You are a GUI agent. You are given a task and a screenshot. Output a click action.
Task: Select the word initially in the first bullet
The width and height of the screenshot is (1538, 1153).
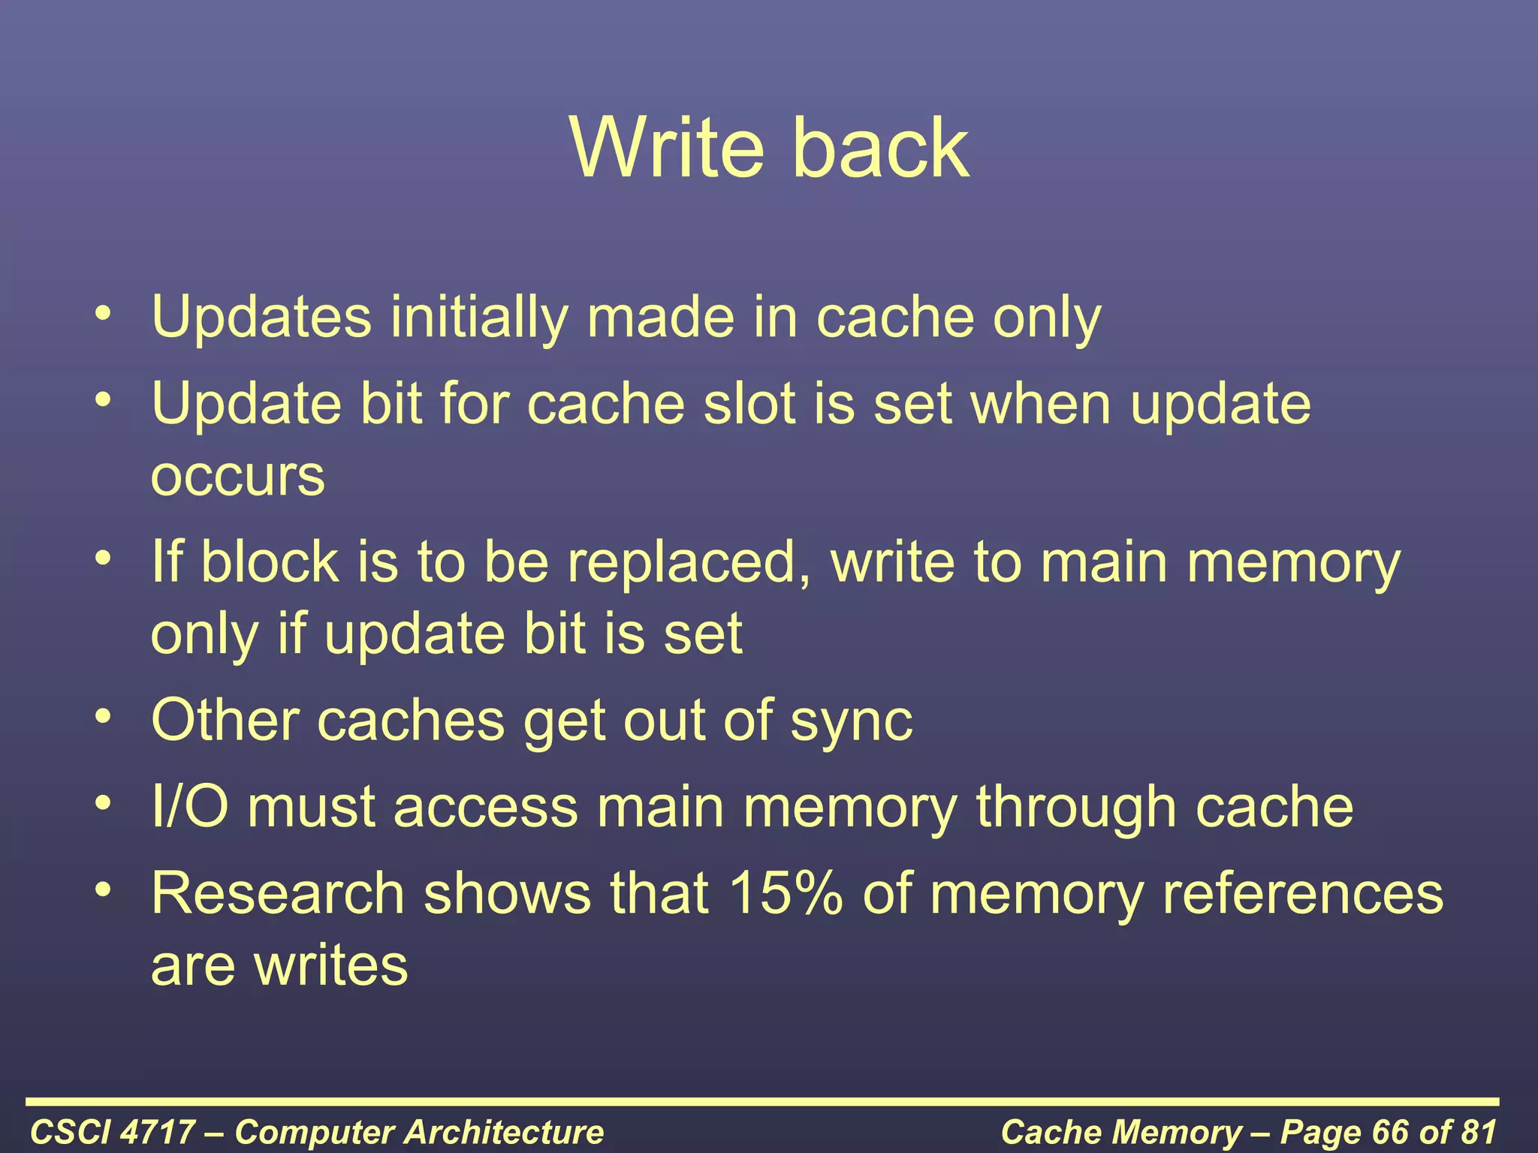tap(478, 317)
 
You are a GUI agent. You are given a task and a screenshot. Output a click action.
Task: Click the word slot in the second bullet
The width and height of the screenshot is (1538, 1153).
tap(749, 404)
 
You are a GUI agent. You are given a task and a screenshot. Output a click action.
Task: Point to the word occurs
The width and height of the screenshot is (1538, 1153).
tap(237, 476)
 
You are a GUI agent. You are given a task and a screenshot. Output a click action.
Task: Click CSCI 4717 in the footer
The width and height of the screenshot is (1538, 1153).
tap(112, 1131)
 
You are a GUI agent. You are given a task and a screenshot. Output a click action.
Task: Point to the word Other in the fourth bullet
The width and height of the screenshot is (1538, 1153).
tap(225, 721)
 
